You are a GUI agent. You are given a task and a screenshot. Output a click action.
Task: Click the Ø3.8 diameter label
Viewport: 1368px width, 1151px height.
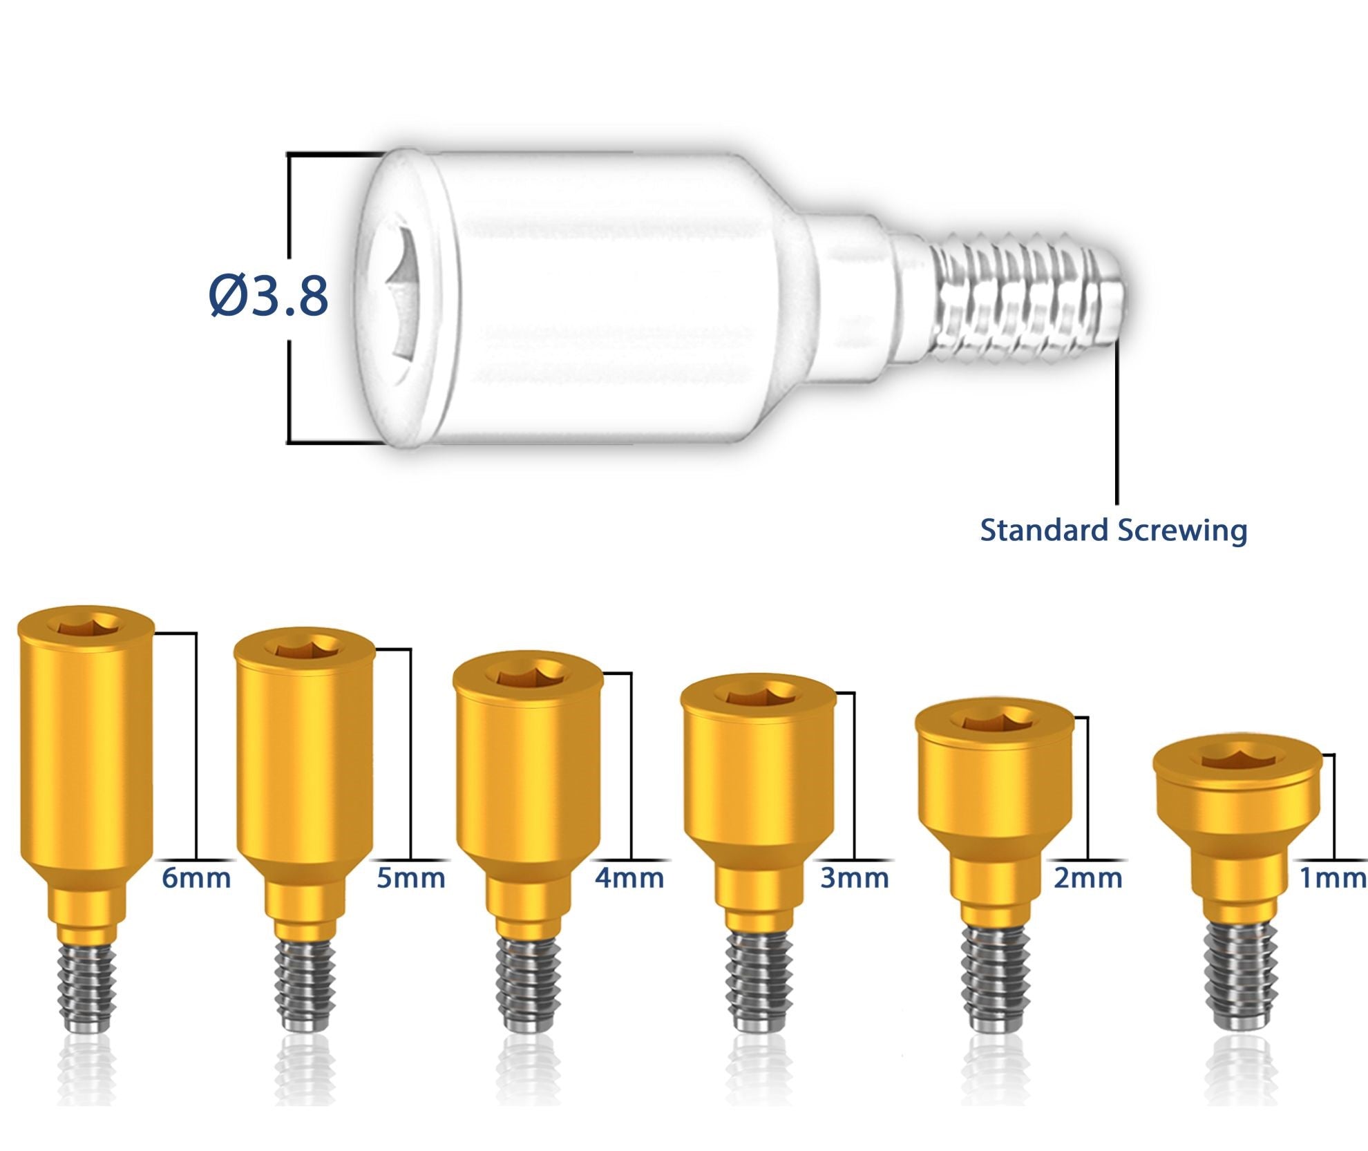[x=268, y=296]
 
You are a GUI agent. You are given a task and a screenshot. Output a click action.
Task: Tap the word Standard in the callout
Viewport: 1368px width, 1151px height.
[x=1044, y=530]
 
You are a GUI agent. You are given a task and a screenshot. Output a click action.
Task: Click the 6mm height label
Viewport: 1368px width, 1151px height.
[x=196, y=878]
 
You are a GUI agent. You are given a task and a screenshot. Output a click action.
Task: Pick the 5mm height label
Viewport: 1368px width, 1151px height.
[x=410, y=878]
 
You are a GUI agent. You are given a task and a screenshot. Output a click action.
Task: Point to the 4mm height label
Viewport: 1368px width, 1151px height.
[x=629, y=878]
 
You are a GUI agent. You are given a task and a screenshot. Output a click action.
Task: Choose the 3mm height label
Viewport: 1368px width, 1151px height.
[x=855, y=878]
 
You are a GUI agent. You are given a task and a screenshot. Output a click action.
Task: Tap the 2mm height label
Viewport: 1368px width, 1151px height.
[x=1088, y=878]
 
